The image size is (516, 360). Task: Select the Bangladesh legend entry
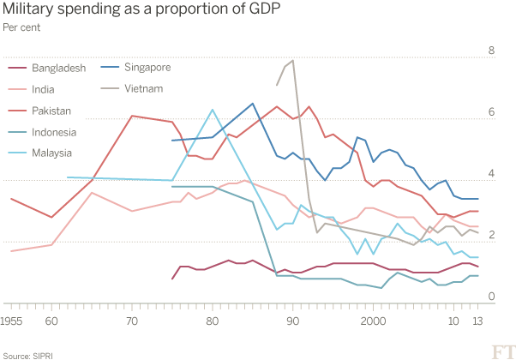click(57, 68)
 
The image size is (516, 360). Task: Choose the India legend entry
click(43, 89)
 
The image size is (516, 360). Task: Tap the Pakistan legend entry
click(51, 111)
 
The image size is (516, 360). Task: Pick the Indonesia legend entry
click(53, 132)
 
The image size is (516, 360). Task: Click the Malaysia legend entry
click(51, 153)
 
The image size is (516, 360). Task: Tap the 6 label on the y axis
click(491, 112)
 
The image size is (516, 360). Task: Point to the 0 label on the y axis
click(491, 297)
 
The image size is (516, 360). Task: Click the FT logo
click(501, 351)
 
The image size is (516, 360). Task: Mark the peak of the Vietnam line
click(293, 60)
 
